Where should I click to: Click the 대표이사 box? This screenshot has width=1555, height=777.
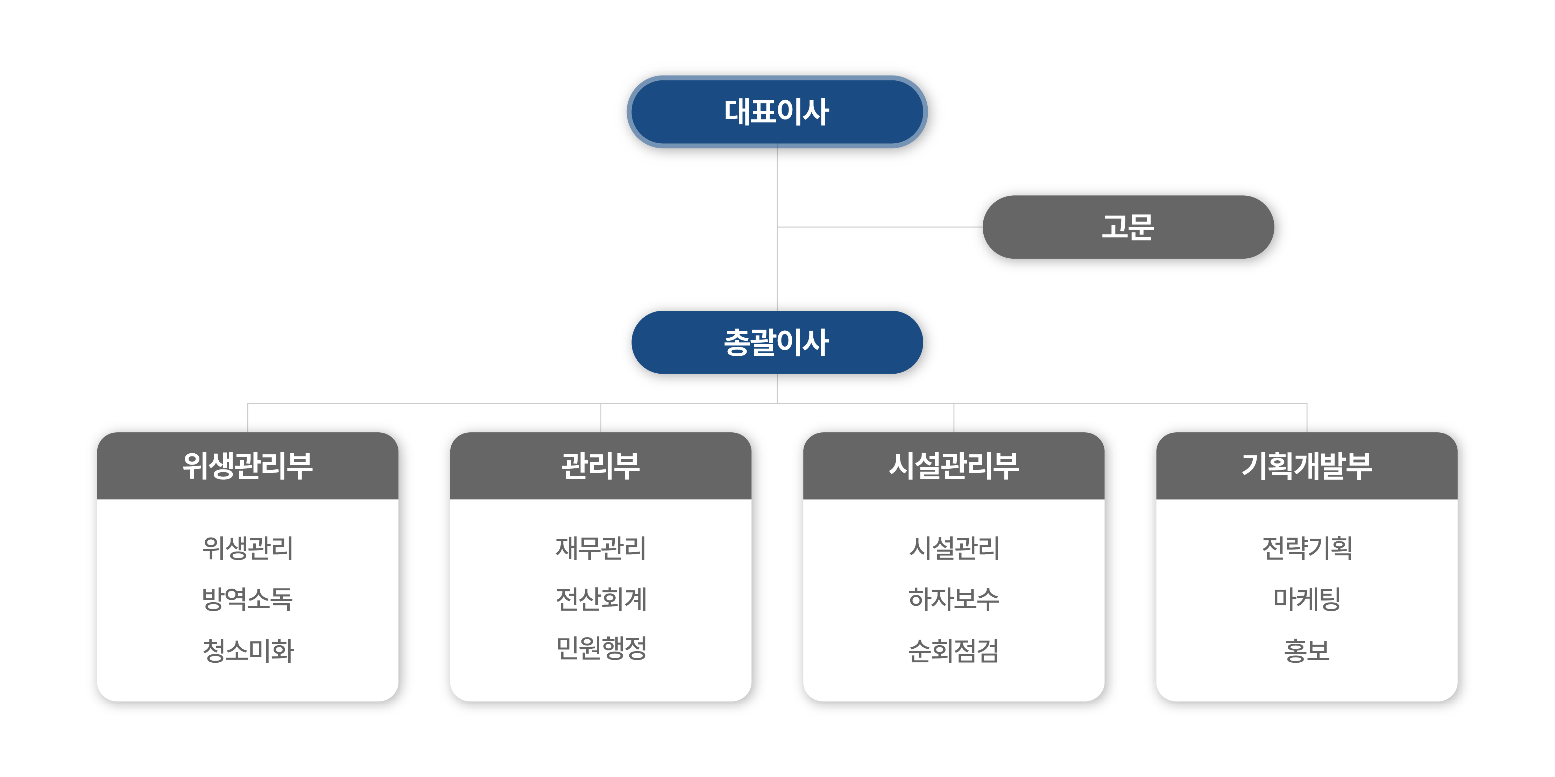[777, 112]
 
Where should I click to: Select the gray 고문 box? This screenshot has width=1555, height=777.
[1128, 228]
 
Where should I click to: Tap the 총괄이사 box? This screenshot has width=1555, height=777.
[777, 342]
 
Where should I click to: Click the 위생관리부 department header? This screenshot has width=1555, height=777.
[247, 466]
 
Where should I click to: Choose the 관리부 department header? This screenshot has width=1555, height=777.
[601, 466]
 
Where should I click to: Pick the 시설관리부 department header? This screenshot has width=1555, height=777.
[954, 466]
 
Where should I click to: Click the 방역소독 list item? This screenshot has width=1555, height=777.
[247, 599]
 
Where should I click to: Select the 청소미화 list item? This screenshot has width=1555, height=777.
[247, 650]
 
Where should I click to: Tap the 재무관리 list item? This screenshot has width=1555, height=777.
[601, 548]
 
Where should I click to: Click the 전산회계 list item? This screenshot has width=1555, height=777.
[601, 599]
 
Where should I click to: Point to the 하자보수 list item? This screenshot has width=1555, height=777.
[954, 599]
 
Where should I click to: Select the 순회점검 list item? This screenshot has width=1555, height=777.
[954, 650]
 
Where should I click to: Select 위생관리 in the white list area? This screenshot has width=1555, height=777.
[247, 548]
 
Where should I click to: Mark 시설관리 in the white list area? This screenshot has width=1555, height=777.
[954, 548]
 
